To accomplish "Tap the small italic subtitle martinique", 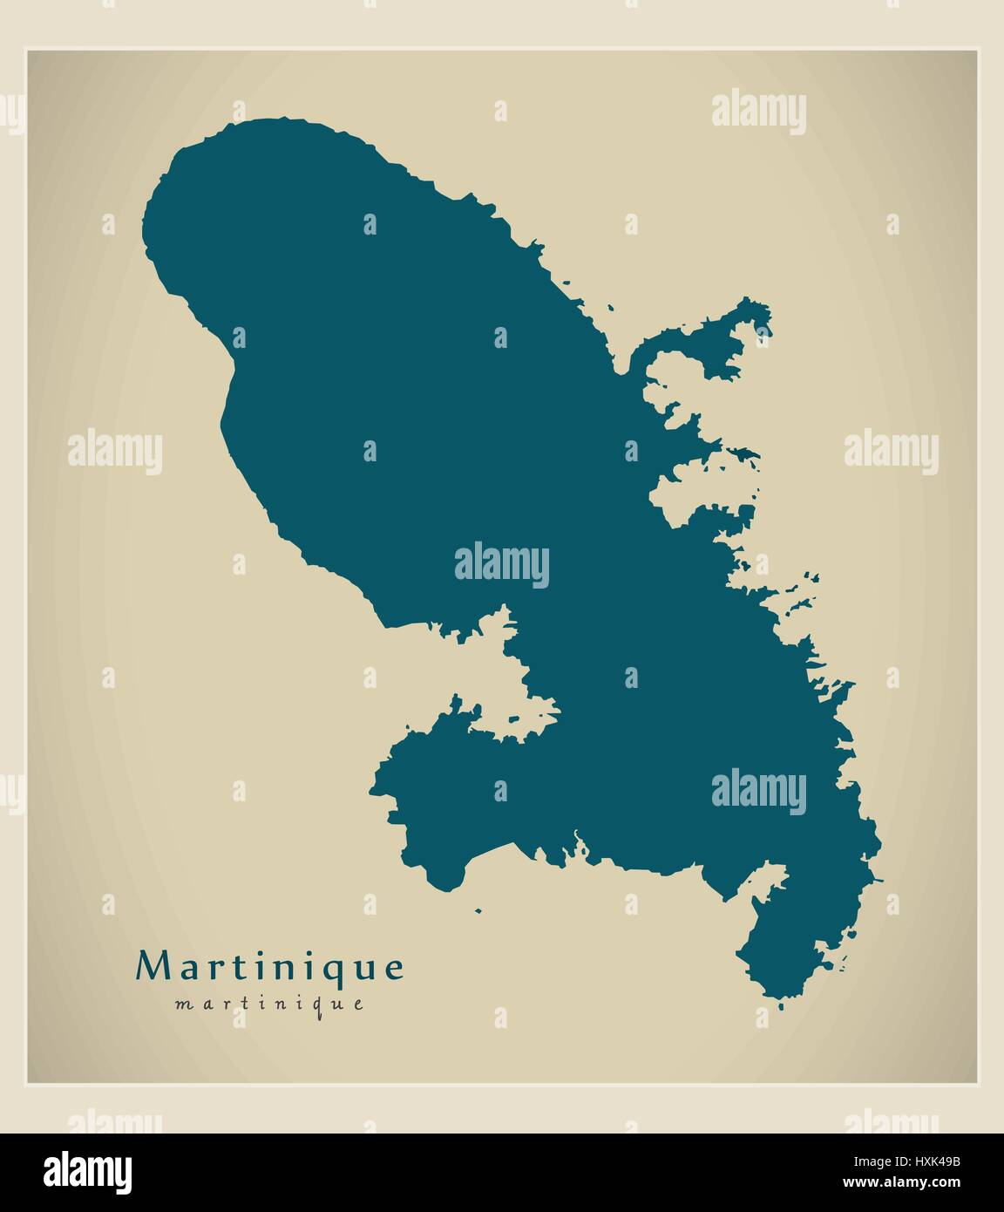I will pos(270,1004).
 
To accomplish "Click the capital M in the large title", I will pos(150,966).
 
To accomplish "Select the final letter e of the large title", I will pos(395,968).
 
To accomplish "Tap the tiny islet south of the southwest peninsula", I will pos(477,911).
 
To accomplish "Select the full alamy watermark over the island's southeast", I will pos(758,792).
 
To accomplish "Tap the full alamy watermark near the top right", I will pos(758,112).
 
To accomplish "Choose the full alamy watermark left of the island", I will pos(114,452).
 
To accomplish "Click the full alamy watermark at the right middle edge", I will pos(891,452).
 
